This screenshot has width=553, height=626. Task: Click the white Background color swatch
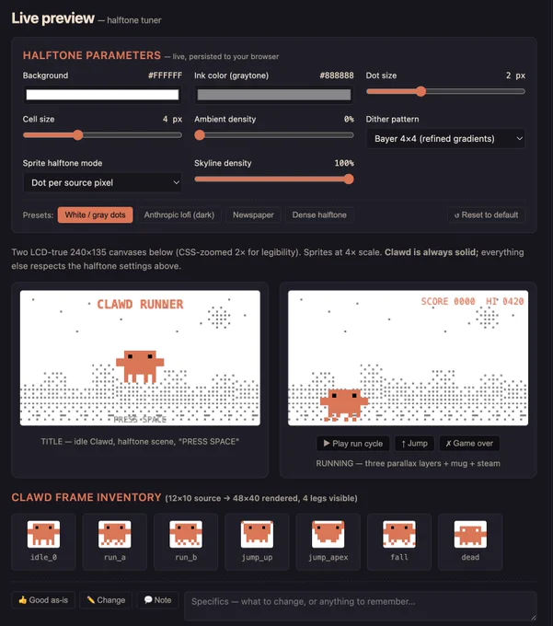pos(102,95)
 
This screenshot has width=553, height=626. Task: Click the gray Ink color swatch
pos(274,95)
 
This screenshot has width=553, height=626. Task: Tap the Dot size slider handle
pos(421,91)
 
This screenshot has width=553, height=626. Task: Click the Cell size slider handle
pos(78,135)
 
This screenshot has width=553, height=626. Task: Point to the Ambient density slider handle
pos(200,135)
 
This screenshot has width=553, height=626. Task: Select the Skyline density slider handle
pos(349,179)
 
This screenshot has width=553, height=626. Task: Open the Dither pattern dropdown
pos(445,138)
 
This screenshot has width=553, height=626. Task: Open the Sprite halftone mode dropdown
pos(102,182)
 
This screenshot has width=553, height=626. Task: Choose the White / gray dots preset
pos(95,214)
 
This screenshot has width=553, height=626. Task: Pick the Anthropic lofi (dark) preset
pos(179,214)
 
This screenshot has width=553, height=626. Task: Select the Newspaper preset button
pos(253,214)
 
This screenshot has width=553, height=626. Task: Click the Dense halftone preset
pos(319,214)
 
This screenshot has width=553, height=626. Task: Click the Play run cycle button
pos(353,444)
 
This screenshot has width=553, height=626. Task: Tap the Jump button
pos(415,444)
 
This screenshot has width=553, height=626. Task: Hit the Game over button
pos(469,444)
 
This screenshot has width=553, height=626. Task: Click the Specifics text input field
pos(361,606)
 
